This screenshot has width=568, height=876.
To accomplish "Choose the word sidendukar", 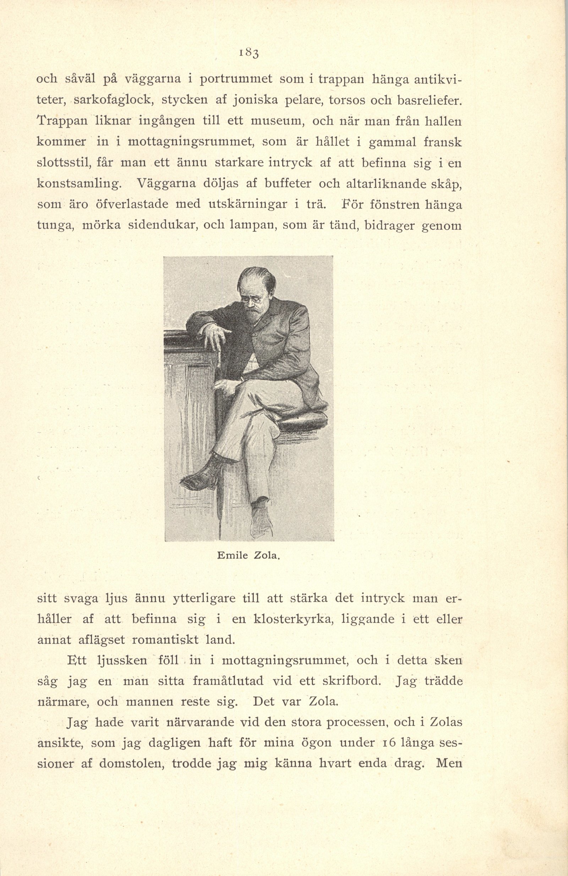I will click(x=163, y=225).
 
